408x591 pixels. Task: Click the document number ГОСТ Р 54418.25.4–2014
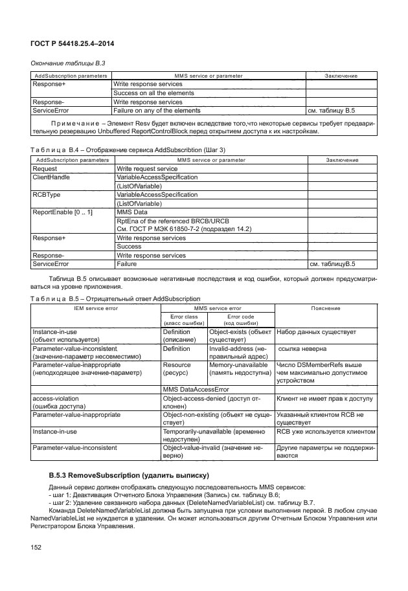(69, 43)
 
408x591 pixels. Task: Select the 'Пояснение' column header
(326, 309)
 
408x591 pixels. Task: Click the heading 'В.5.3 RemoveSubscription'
(127, 477)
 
